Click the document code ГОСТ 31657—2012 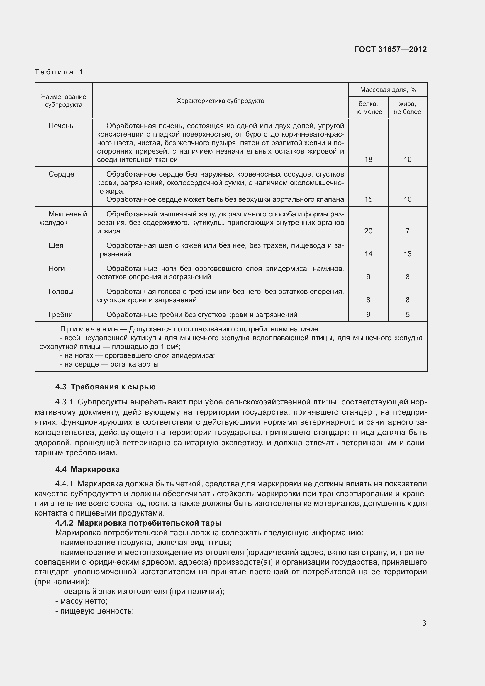coord(390,49)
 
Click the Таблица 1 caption coord(59,72)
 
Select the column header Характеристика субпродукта coord(221,101)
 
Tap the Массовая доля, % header coord(388,90)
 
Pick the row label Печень coord(61,126)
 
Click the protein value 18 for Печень coord(368,159)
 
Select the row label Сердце coord(61,174)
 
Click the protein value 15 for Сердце coord(368,199)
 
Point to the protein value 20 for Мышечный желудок coord(368,231)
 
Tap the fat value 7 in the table coord(407,231)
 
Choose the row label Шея coord(56,245)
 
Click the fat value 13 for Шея coord(407,254)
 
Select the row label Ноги coord(56,269)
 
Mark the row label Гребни coord(60,315)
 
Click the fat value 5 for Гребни coord(407,315)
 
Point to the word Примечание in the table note coord(89,329)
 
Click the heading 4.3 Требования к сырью coord(106,387)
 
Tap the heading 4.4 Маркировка coord(87,469)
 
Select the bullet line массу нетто coord(82,601)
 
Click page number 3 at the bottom coord(424,623)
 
